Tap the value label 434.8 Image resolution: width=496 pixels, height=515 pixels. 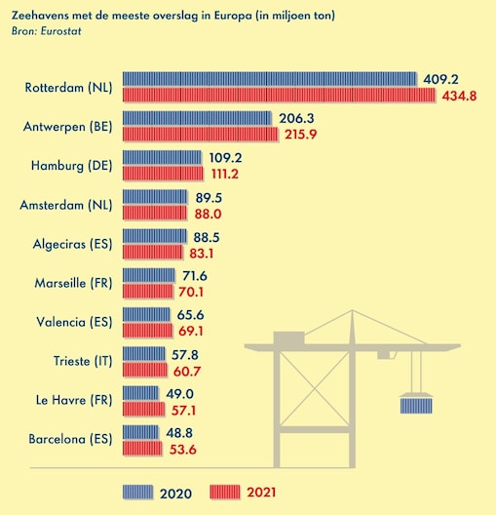460,96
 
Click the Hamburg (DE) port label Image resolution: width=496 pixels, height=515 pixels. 71,165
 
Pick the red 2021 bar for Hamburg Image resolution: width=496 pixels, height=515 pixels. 166,174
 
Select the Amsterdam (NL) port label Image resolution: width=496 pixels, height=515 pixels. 66,205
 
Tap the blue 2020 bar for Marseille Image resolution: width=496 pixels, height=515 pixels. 150,276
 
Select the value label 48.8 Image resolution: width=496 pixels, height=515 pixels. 178,431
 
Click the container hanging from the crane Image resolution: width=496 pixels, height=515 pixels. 417,405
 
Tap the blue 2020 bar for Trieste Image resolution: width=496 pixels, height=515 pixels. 146,354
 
